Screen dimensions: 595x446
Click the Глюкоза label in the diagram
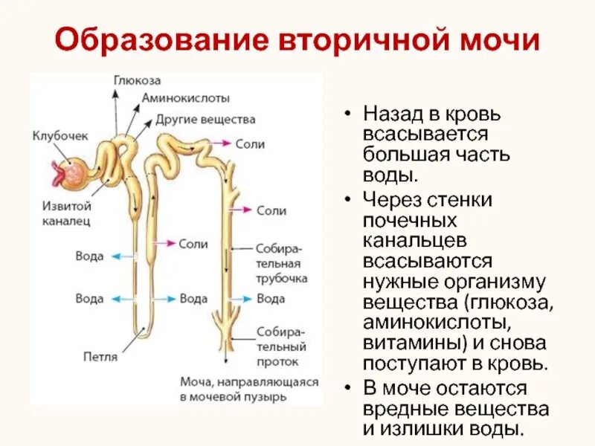[138, 80]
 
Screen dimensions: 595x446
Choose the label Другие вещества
[205, 119]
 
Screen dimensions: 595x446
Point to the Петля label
[101, 356]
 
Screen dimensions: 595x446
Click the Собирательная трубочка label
[281, 265]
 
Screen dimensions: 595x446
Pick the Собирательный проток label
[281, 346]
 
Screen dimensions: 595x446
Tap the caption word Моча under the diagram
[196, 381]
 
